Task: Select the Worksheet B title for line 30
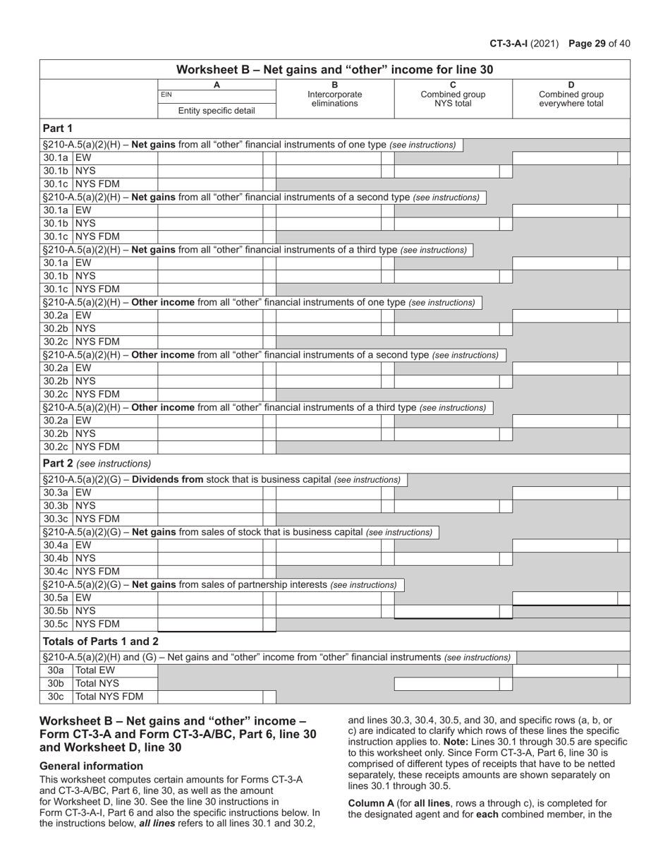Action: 334,69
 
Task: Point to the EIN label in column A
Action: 166,95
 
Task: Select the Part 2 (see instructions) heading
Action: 97,464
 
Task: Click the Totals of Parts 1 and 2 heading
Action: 101,641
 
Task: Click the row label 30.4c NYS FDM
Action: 81,571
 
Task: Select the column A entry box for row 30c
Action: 210,697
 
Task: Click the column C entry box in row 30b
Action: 446,684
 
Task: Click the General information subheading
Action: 91,766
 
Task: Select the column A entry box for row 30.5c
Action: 210,625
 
